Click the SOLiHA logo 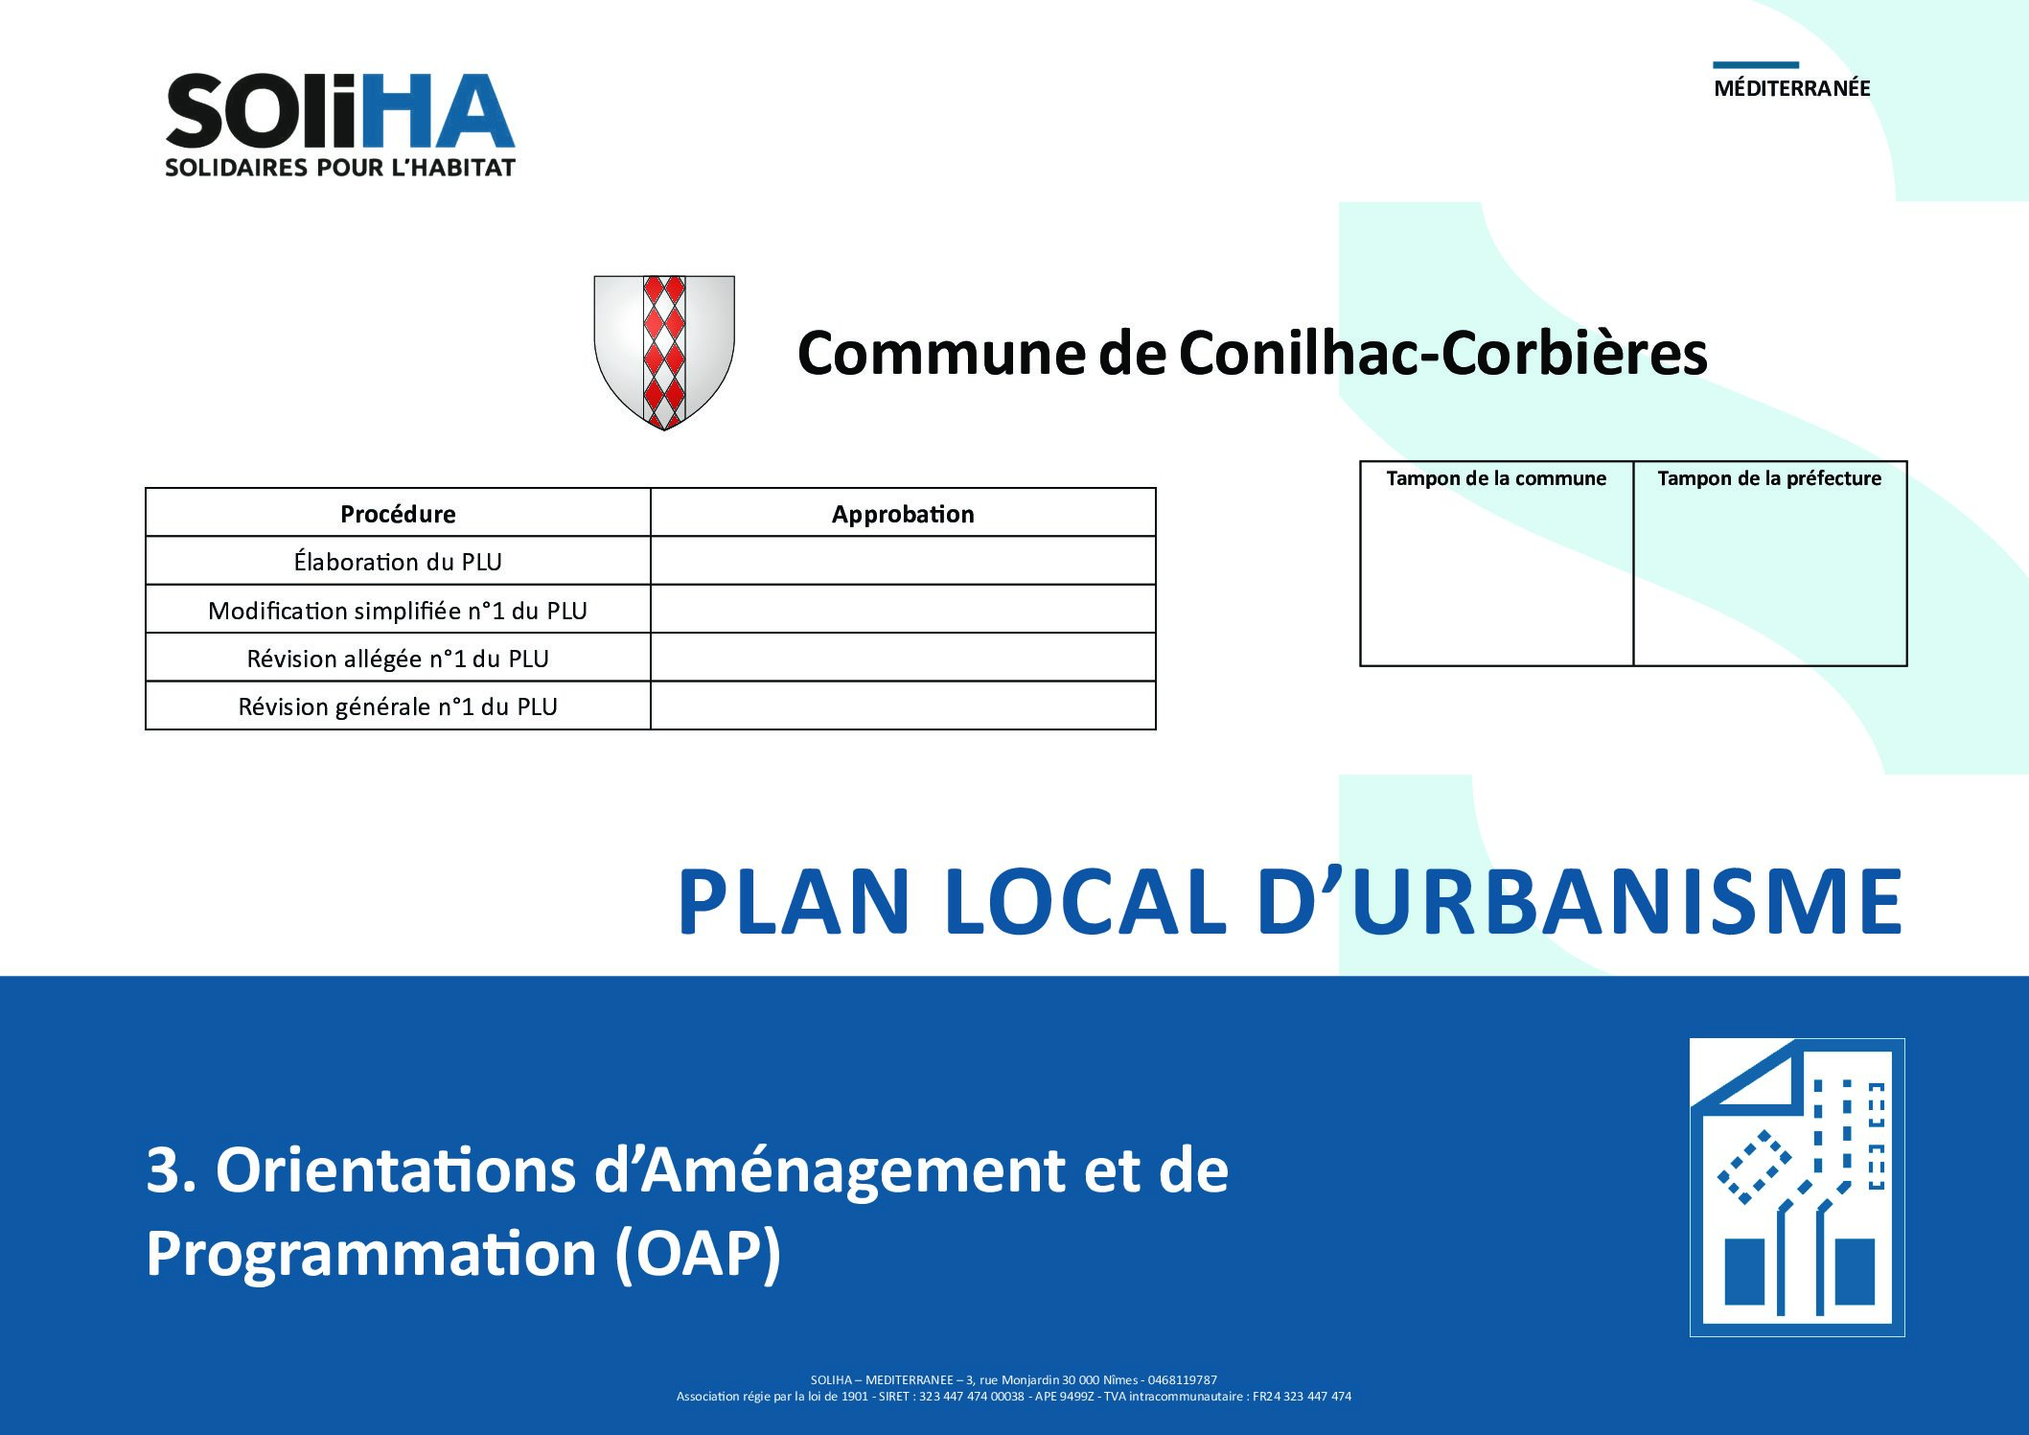coord(340,125)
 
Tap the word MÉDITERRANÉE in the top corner coord(1792,88)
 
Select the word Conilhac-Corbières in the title coord(1442,353)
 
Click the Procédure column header coord(398,514)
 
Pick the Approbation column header coord(903,514)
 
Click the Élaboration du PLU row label coord(398,561)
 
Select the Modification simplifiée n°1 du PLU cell coord(398,610)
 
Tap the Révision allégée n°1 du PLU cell coord(398,658)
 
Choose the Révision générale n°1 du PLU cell coord(398,706)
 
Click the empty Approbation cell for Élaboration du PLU coord(903,561)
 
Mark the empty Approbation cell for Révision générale coord(903,706)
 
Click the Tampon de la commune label coord(1496,478)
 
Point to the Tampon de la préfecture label coord(1769,478)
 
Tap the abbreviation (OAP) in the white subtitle coord(698,1253)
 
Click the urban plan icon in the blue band coord(1797,1187)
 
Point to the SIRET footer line coord(1014,1397)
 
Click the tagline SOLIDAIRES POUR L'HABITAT coord(340,168)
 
